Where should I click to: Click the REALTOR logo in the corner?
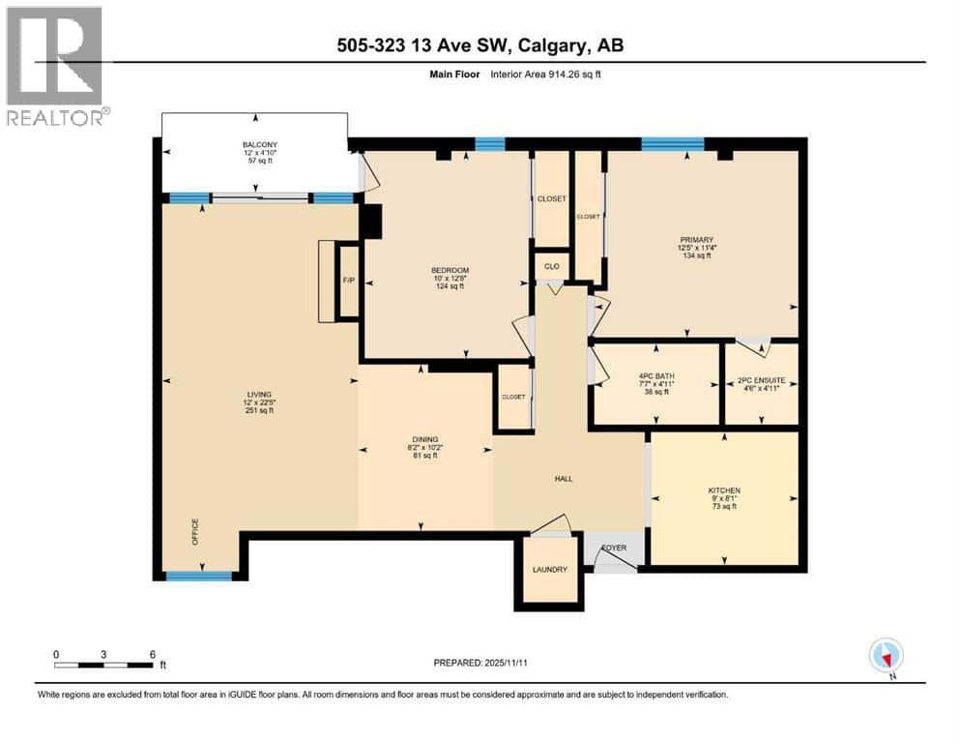click(57, 66)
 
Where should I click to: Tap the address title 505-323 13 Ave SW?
click(480, 45)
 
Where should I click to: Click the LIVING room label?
click(258, 395)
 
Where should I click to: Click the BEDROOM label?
click(450, 270)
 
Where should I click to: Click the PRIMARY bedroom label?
click(696, 240)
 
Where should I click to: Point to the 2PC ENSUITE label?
click(760, 376)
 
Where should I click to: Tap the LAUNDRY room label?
click(549, 570)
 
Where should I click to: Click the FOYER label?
click(615, 548)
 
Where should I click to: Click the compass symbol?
click(886, 655)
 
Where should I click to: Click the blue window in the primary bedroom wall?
click(673, 145)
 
